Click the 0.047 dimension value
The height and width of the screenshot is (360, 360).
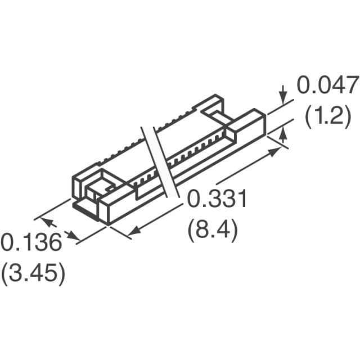[x=327, y=86]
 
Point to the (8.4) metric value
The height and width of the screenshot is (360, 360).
[x=213, y=231]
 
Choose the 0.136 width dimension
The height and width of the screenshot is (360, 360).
[x=30, y=243]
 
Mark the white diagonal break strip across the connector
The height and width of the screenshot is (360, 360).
[x=161, y=163]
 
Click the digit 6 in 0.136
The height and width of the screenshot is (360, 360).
[x=53, y=243]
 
